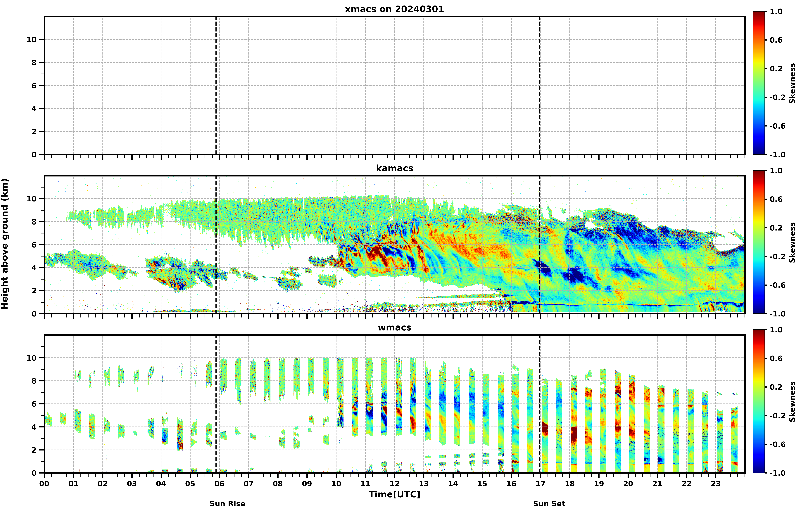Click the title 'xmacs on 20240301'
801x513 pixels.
pyautogui.click(x=394, y=9)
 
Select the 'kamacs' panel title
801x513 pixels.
pyautogui.click(x=394, y=168)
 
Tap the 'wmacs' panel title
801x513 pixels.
pyautogui.click(x=394, y=327)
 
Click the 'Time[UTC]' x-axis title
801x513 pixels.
pyautogui.click(x=394, y=494)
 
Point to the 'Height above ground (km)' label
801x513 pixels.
pyautogui.click(x=5, y=244)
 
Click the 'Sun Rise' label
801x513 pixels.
pyautogui.click(x=228, y=504)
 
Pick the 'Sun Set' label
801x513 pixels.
pyautogui.click(x=549, y=504)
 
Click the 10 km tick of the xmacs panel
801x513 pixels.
pyautogui.click(x=32, y=40)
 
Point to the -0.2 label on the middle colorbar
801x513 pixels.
pyautogui.click(x=777, y=256)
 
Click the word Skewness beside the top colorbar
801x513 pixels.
pyautogui.click(x=792, y=83)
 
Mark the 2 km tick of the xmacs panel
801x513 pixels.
pyautogui.click(x=34, y=132)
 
